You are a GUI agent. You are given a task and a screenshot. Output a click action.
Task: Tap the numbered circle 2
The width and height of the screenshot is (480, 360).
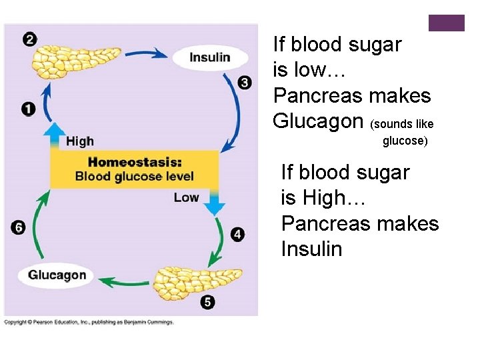coord(29,39)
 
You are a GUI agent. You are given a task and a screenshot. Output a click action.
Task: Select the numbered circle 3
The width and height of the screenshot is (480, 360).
coord(245,83)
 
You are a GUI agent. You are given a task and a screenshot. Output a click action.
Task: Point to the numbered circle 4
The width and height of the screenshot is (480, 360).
coord(237,234)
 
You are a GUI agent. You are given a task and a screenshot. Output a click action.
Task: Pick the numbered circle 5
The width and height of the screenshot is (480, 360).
coord(208,303)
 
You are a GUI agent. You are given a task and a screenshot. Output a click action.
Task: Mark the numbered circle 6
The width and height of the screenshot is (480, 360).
coord(19,228)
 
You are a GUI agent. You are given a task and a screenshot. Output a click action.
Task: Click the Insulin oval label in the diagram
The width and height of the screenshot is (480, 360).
coord(209,57)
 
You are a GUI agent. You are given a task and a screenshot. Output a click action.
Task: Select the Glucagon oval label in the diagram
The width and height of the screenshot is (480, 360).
coord(57,275)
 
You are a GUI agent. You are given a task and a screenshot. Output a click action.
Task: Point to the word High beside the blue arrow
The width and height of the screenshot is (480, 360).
coord(79,141)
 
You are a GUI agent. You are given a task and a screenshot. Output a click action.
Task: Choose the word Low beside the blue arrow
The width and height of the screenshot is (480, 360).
coord(186,197)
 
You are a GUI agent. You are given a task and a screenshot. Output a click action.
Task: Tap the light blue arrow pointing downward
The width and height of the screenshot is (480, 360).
coord(214,201)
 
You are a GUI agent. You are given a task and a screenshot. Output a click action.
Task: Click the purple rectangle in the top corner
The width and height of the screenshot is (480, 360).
coord(446,23)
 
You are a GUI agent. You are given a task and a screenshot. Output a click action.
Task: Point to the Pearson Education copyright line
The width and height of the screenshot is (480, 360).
coord(89,322)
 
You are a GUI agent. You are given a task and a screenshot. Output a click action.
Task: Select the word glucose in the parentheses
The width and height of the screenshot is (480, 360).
coord(404,141)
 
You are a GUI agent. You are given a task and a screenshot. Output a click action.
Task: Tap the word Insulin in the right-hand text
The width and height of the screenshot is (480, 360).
coord(311,249)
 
